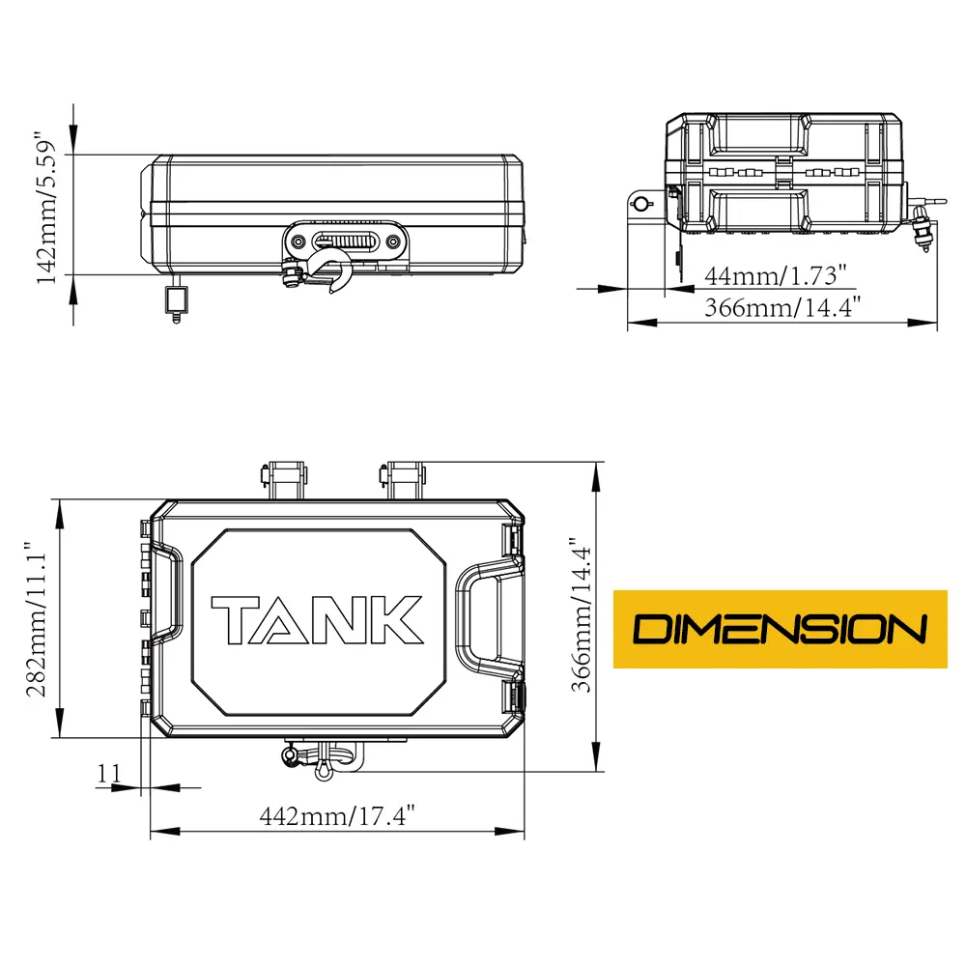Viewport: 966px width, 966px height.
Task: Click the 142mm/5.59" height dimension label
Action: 46,207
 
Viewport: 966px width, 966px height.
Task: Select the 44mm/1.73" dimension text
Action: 776,275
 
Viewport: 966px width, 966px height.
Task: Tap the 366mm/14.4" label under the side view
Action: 782,307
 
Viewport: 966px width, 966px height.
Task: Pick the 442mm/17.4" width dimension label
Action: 337,815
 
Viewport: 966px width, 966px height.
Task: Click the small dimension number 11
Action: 109,773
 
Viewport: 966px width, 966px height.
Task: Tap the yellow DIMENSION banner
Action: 780,629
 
